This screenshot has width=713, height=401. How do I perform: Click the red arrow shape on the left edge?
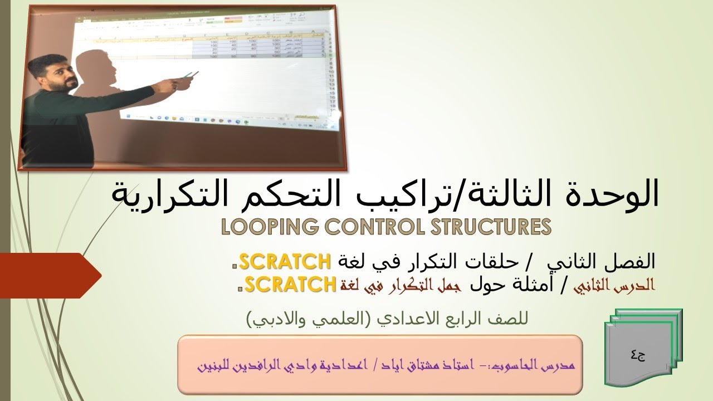tap(50, 275)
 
